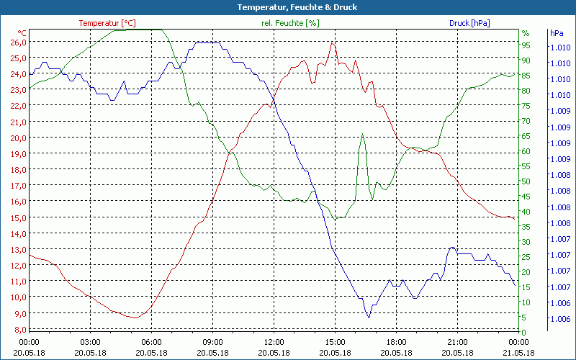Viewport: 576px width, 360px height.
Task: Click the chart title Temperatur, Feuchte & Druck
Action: point(288,7)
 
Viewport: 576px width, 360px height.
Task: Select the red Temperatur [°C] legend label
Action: point(107,23)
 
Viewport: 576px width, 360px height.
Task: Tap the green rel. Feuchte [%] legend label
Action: point(290,23)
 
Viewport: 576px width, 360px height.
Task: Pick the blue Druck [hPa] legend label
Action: point(469,23)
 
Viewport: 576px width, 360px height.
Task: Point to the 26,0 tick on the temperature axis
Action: point(18,42)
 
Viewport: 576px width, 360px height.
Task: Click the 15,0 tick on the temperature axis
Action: point(18,217)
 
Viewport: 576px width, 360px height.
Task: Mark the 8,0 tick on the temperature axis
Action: point(18,329)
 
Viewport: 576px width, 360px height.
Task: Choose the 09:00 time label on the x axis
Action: point(212,341)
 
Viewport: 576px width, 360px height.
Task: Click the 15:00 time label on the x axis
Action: point(335,341)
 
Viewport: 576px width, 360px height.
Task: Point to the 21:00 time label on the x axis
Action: point(457,341)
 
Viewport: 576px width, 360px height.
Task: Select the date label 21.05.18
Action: point(518,352)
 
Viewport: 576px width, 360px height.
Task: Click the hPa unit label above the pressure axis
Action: point(556,33)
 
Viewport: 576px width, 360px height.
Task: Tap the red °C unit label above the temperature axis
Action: point(22,33)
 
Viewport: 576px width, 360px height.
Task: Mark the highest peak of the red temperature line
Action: point(332,42)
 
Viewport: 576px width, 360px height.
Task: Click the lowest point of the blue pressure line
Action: point(369,317)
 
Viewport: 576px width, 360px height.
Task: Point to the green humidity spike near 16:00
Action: point(363,134)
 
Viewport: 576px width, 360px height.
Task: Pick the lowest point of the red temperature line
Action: point(136,318)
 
